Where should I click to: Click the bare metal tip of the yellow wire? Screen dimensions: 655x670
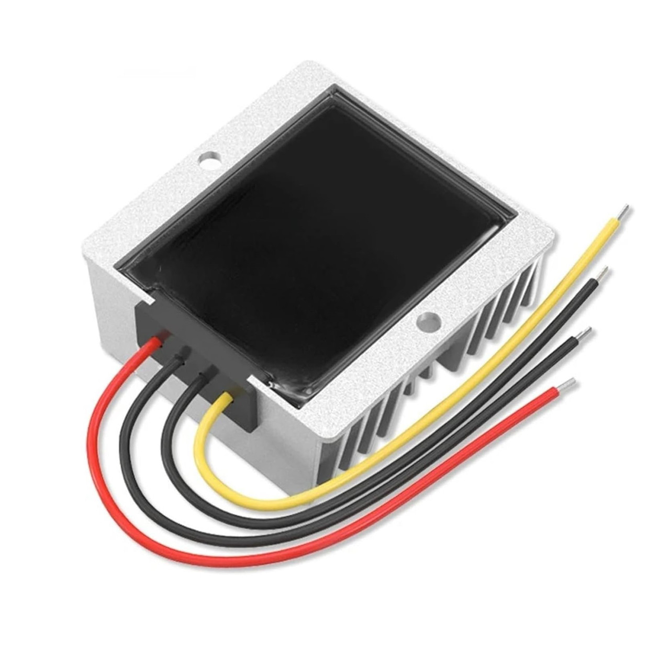point(623,211)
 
